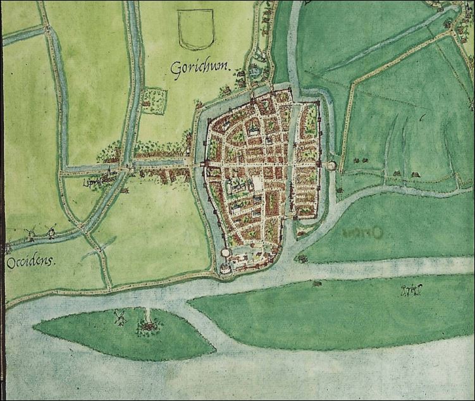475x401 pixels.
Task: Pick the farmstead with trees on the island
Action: click(149, 326)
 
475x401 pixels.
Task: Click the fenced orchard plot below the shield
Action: click(154, 101)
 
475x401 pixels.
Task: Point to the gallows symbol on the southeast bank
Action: click(410, 291)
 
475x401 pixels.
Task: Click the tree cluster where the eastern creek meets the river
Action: click(300, 258)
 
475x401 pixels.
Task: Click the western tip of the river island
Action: click(36, 327)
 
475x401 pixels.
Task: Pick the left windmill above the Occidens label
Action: click(29, 233)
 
